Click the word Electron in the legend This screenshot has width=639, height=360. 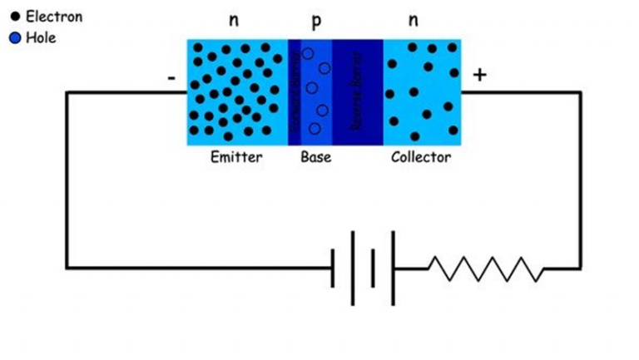coord(54,17)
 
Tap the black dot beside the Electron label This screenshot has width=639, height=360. coord(14,17)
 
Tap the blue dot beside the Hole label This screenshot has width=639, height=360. coord(14,38)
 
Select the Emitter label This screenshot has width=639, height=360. coord(236,157)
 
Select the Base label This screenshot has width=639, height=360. coord(315,157)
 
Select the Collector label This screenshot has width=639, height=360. coord(421,157)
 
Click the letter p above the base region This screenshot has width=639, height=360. coord(316,22)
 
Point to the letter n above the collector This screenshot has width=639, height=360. coord(414,20)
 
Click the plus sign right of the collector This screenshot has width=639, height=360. coord(479,76)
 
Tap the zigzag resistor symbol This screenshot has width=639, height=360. coord(485,269)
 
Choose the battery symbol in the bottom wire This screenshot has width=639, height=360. coord(363,268)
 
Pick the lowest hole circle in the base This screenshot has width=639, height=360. coord(315,128)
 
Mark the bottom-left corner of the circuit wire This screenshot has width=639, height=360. coord(67,268)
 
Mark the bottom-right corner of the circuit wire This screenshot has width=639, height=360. coord(580,268)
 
